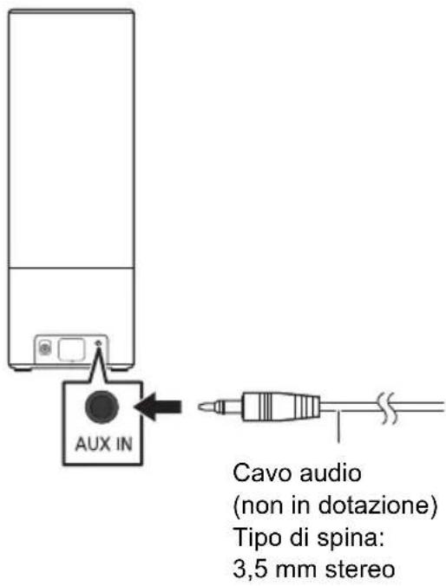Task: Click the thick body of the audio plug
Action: tap(278, 405)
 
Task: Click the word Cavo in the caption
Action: tap(254, 475)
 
